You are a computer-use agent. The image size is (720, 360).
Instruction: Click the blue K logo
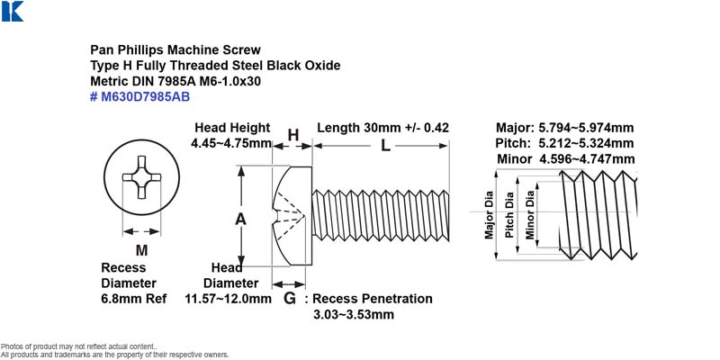tap(13, 12)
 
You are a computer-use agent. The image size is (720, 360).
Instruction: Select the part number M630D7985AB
tap(145, 97)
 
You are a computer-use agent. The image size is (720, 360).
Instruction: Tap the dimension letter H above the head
tap(293, 135)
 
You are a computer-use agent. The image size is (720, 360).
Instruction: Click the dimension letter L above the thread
tap(386, 146)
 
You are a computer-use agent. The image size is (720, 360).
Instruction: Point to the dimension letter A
tap(240, 220)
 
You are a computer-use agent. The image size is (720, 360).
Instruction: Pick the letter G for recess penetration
tap(289, 299)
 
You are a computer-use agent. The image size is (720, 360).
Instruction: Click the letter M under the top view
tap(141, 251)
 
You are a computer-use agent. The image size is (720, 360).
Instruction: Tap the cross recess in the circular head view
tap(141, 177)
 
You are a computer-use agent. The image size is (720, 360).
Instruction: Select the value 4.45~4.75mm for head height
tap(231, 143)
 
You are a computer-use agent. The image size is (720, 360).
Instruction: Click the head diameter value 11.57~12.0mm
tap(229, 299)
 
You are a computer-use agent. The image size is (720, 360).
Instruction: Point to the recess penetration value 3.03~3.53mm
tap(354, 315)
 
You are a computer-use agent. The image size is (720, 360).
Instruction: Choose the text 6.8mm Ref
tap(133, 299)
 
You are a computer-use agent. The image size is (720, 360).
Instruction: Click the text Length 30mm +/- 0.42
tap(383, 128)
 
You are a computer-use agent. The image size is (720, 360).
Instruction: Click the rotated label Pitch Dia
tap(509, 214)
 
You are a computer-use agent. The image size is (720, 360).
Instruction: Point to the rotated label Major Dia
tap(489, 214)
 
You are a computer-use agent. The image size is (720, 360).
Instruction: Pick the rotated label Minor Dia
tap(530, 214)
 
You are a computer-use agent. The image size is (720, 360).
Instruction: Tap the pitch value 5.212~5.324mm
tap(586, 143)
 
